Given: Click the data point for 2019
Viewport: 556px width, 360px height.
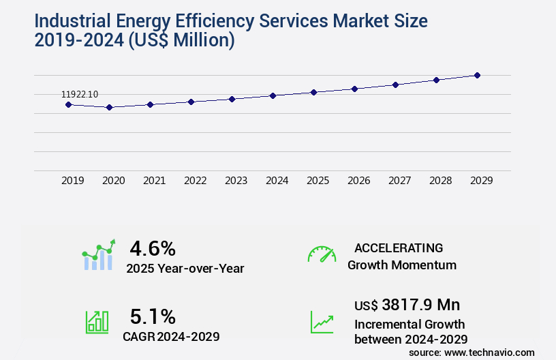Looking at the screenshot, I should click(68, 104).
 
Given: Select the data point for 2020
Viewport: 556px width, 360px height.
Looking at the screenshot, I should click(109, 107).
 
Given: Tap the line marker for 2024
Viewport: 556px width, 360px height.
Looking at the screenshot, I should click(273, 95).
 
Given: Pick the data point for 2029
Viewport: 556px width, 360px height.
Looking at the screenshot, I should click(477, 75).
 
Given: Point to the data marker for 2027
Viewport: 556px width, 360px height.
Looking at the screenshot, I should click(395, 85).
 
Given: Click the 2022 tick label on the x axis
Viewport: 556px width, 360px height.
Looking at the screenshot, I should click(195, 181).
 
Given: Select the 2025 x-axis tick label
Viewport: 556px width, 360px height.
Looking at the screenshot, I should click(318, 181).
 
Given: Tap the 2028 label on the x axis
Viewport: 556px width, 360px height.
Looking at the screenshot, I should click(440, 181).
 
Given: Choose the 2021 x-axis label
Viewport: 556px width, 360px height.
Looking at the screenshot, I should click(154, 181).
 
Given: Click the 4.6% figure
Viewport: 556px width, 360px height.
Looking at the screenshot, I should click(153, 248).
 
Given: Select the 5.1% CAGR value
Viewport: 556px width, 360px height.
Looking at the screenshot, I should click(153, 316).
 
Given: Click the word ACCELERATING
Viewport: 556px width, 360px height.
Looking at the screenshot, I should click(399, 247).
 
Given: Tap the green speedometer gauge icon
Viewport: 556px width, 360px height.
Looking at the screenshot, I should click(322, 254).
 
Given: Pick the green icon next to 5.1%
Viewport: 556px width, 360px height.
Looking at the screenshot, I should click(97, 322).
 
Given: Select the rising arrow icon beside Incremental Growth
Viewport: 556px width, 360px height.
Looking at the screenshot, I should click(322, 322).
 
